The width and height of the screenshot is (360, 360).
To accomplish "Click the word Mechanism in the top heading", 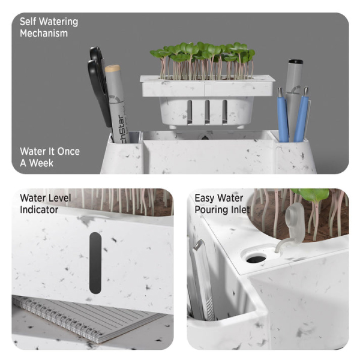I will (44, 33).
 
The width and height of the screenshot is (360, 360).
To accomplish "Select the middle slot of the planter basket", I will (206, 112).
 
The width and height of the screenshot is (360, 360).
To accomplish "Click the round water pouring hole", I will (256, 258).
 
